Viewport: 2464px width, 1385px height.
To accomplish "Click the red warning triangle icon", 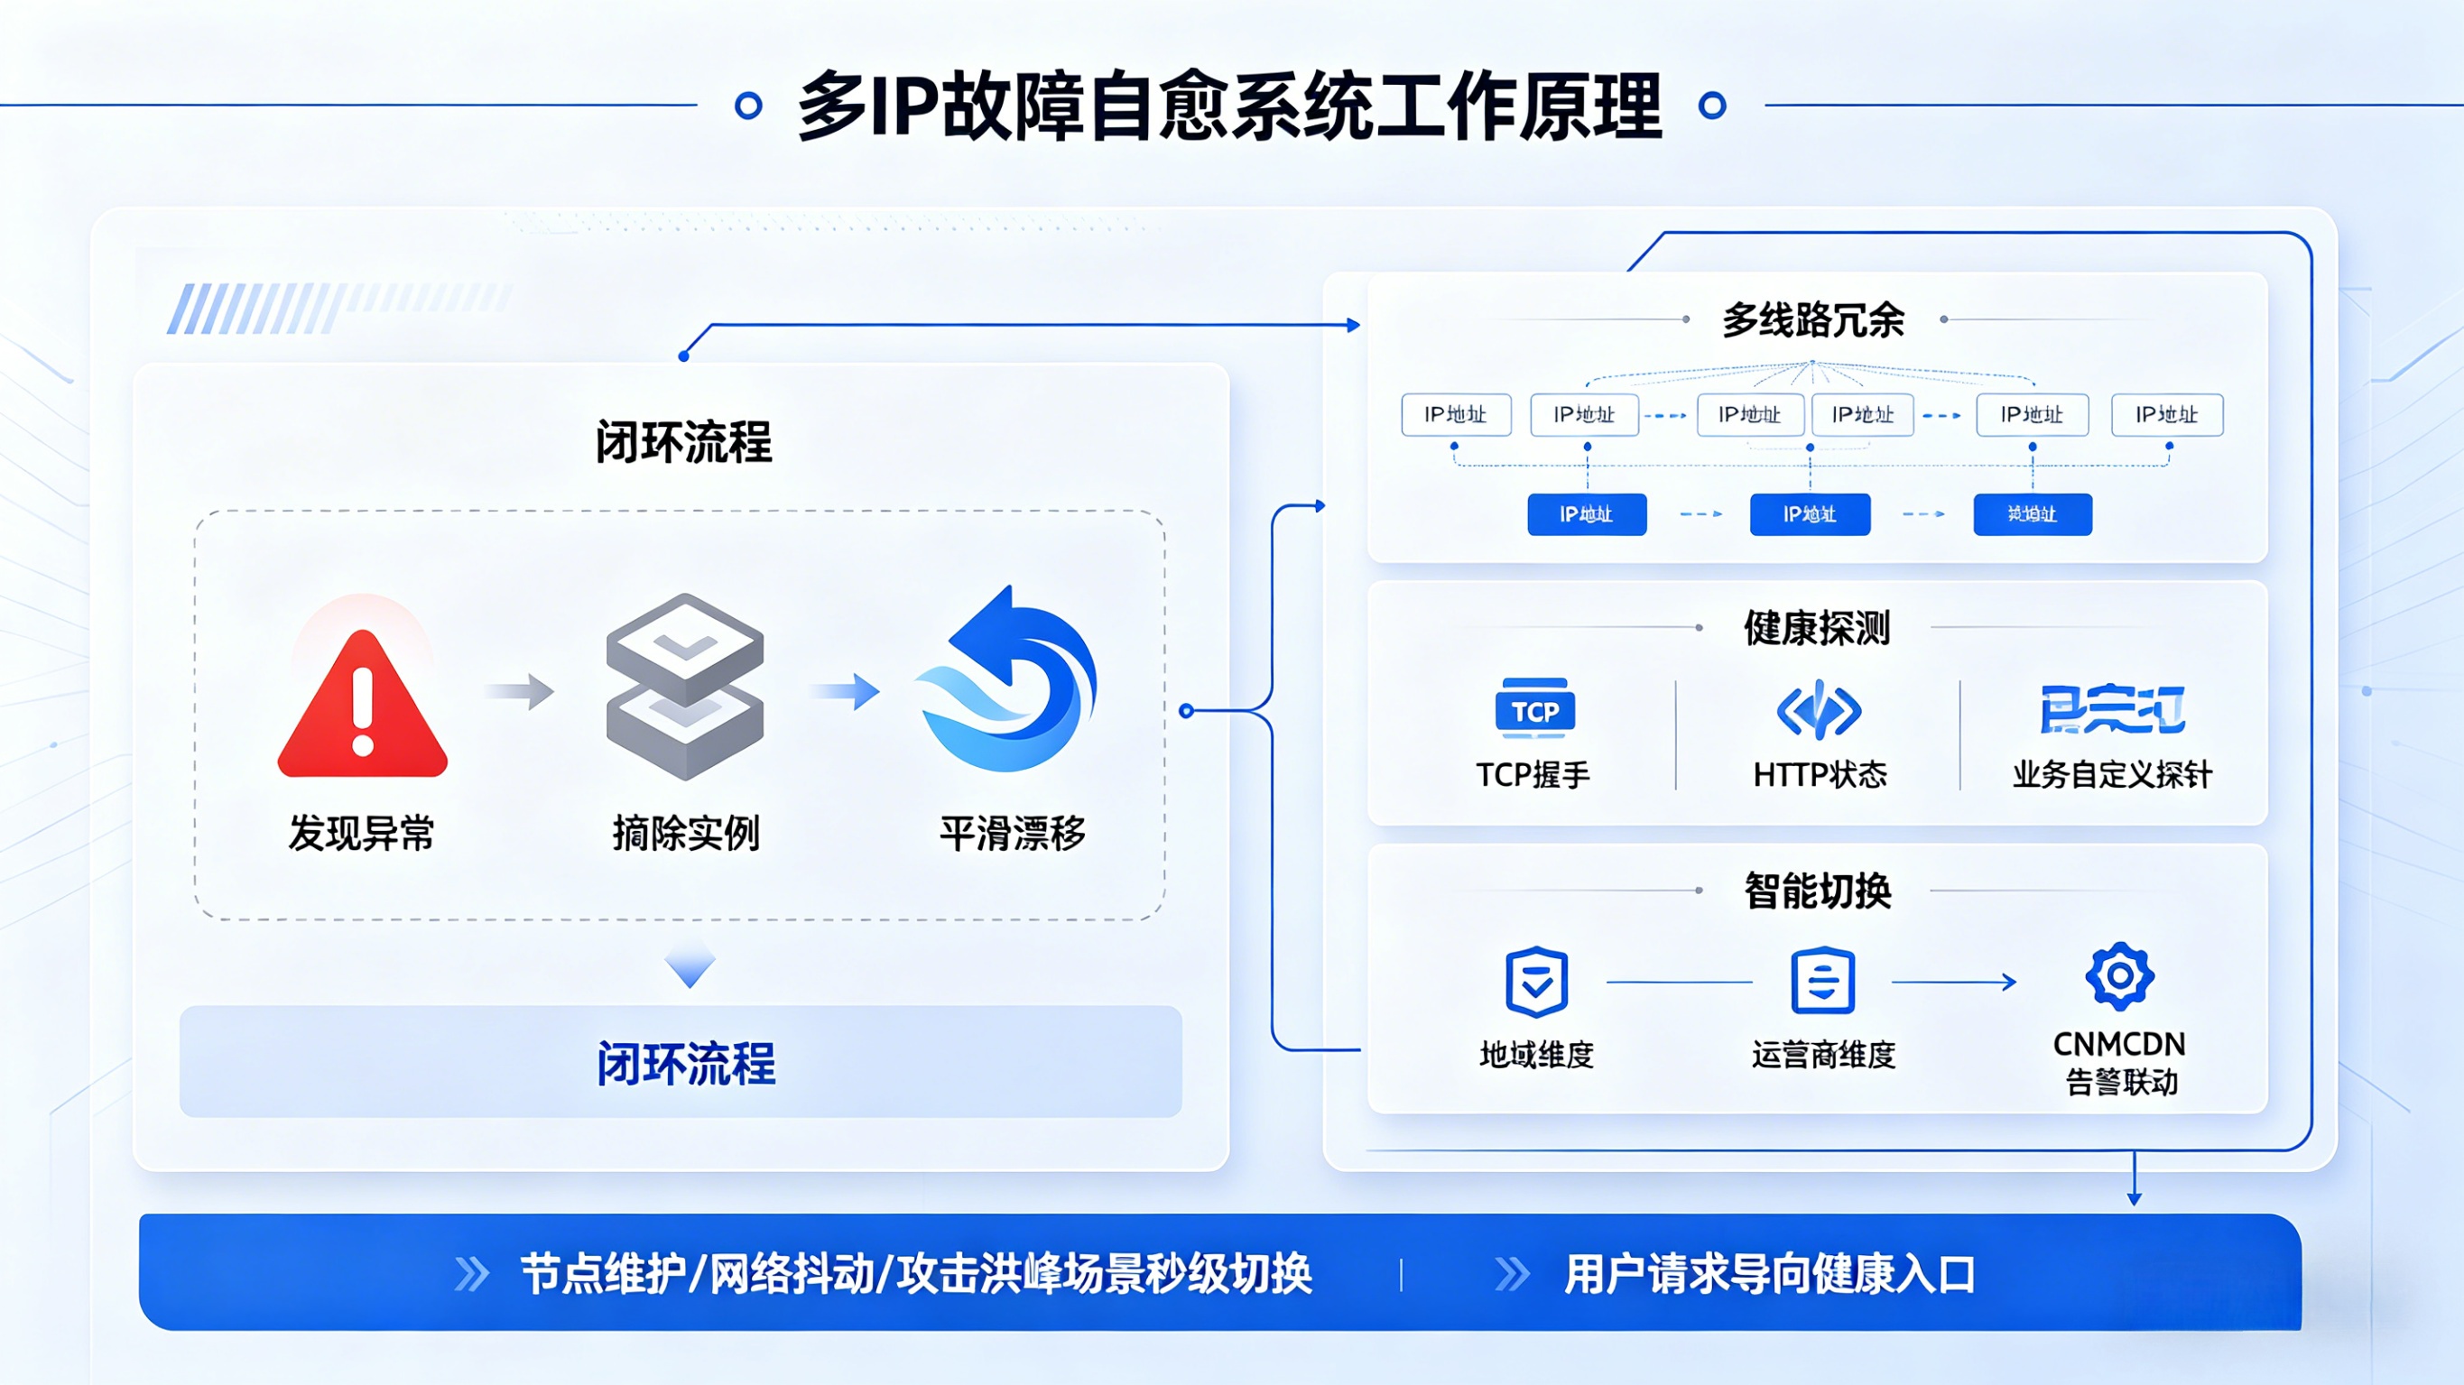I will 363,706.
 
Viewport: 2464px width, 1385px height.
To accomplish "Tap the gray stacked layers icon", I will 685,686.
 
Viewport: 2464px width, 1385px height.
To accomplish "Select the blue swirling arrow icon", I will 1009,683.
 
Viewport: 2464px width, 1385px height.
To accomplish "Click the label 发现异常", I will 362,833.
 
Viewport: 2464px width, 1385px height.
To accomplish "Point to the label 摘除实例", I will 686,833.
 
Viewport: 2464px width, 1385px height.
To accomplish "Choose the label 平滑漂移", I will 1012,833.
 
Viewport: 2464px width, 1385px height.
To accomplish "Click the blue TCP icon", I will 1534,709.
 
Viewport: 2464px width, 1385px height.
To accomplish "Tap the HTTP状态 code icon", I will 1819,710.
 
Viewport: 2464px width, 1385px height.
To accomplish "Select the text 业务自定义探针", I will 2112,774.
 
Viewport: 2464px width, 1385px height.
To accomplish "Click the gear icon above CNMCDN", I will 2119,975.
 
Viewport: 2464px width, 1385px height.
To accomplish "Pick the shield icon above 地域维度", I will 1536,982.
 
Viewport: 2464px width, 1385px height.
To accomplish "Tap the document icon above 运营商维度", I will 1822,982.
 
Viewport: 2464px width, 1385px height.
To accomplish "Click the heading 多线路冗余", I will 1813,319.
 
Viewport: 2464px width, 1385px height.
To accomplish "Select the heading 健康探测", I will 1817,628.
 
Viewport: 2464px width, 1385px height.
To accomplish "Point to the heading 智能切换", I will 1818,891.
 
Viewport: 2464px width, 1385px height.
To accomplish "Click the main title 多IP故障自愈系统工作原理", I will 1230,106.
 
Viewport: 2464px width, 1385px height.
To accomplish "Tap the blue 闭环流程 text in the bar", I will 686,1064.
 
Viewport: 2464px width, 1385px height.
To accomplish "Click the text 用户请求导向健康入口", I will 1770,1274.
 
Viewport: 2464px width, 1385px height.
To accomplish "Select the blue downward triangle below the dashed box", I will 690,966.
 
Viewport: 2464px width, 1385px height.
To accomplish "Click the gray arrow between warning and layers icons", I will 522,690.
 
